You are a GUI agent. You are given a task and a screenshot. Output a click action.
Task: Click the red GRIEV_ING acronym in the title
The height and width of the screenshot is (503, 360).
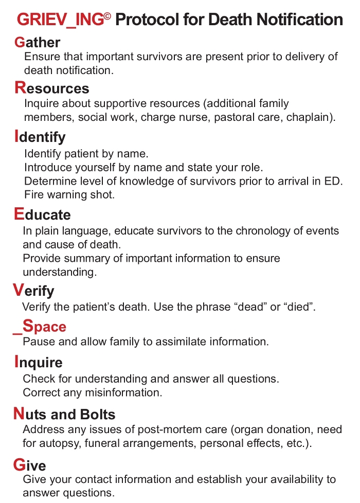coord(60,20)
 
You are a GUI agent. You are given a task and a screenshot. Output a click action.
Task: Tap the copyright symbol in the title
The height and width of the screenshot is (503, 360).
coord(107,16)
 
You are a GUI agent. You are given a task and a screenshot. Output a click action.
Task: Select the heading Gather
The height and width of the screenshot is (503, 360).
coord(38,42)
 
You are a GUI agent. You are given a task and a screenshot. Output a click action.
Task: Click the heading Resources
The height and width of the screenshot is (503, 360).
coord(52,88)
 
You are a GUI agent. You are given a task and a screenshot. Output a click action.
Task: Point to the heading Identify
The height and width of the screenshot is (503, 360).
coord(40,137)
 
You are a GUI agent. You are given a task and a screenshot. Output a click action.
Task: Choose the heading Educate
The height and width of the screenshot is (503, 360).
coord(43,214)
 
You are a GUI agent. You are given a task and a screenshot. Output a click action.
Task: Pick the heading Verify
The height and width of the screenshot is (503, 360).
coord(33,291)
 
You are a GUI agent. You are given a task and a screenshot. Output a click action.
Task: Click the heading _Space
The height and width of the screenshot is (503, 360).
coord(40,327)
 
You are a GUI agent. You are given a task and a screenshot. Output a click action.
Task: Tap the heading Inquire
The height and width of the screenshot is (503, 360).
coord(39,363)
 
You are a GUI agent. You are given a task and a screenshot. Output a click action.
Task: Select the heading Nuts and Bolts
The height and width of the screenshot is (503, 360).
coord(65,414)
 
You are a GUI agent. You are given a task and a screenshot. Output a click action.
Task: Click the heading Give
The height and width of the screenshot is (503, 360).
coord(30,465)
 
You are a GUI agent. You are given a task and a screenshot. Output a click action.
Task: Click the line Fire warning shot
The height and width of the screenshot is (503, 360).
coord(69,195)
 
